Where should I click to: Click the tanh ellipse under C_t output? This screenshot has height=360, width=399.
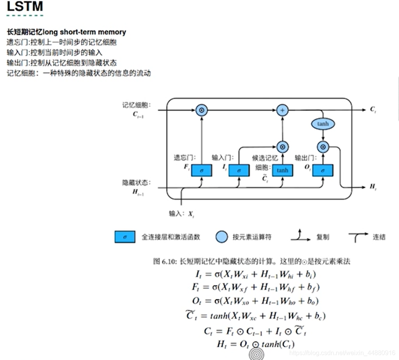tap(323, 124)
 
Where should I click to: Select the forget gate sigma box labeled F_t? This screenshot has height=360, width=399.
tap(201, 170)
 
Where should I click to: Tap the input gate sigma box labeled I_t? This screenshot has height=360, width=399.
tap(239, 170)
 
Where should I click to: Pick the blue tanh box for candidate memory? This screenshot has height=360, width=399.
tap(282, 170)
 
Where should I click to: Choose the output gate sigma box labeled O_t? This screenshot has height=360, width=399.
tap(323, 170)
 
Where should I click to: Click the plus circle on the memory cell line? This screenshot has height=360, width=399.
tap(282, 110)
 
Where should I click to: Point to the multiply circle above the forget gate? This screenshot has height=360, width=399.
tap(201, 110)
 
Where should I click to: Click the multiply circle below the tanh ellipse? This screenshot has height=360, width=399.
tap(323, 147)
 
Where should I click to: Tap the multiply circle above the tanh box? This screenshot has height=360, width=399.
tap(282, 147)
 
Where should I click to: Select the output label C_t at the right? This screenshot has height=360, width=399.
tap(373, 110)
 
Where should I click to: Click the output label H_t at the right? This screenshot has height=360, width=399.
tap(373, 186)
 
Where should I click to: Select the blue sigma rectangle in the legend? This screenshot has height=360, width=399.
tap(125, 237)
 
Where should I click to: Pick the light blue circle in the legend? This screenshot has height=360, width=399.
tap(221, 237)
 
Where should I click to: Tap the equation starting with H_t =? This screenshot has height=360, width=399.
tap(255, 344)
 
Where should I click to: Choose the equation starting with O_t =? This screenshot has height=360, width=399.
tap(255, 301)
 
